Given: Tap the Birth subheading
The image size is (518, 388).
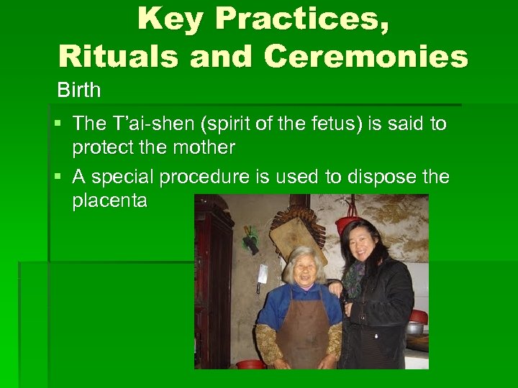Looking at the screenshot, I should [79, 91].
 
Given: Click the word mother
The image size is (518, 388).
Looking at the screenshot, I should [204, 147].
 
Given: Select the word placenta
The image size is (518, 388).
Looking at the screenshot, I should [109, 201].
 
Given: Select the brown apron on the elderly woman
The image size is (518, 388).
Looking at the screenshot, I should [302, 331].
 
